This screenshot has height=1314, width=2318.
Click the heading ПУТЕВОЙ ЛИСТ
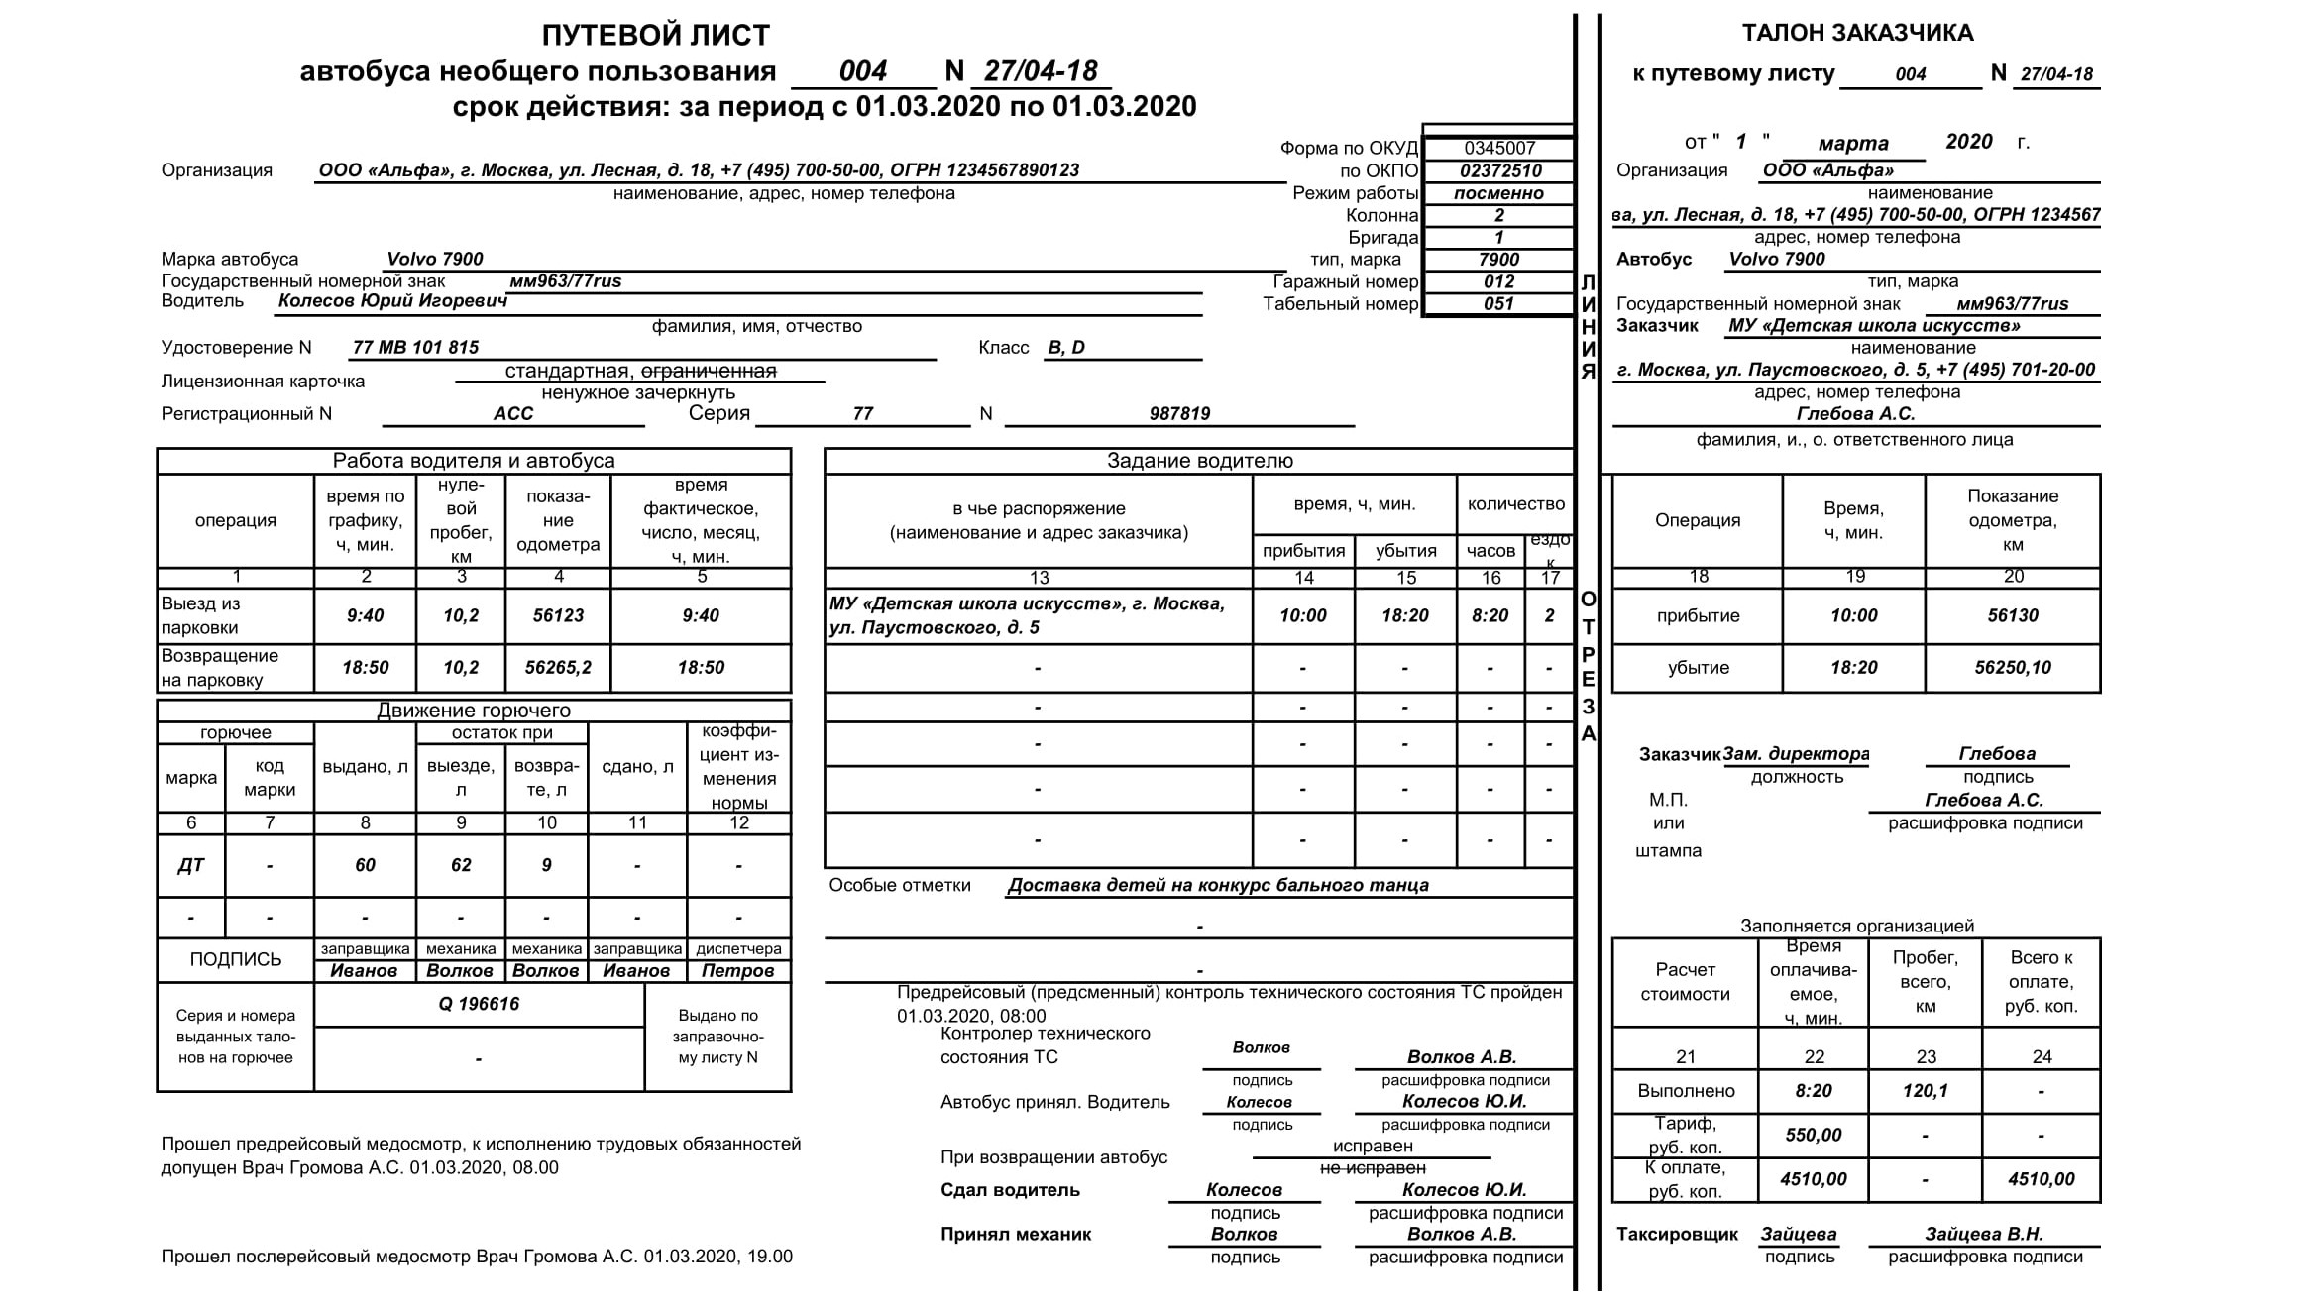(x=655, y=36)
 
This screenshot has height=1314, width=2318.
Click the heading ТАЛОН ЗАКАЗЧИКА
(x=1857, y=33)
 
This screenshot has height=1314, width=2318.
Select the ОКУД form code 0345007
(x=1498, y=148)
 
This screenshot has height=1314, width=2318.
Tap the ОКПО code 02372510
(x=1499, y=170)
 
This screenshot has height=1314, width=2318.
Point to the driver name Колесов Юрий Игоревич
(x=392, y=301)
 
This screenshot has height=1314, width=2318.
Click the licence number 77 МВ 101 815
(x=415, y=348)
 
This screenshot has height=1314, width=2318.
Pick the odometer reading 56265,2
(x=558, y=668)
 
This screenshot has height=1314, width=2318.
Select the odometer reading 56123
(x=558, y=615)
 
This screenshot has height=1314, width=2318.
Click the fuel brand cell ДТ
(x=190, y=866)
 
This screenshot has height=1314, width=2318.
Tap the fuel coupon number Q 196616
(x=479, y=1004)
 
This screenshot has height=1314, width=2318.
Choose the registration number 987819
(x=1179, y=414)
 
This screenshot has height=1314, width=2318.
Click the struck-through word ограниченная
(x=709, y=372)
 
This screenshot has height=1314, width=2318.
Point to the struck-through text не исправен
(x=1372, y=1168)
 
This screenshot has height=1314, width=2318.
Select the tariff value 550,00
(x=1813, y=1136)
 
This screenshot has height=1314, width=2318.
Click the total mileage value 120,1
(x=1925, y=1091)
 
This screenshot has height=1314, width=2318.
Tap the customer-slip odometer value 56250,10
(x=2012, y=668)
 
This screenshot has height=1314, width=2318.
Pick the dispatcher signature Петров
(x=737, y=971)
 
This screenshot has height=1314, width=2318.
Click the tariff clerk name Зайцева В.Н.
(x=1983, y=1235)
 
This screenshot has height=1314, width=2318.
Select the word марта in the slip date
(x=1852, y=144)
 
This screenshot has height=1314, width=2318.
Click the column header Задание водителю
(x=1199, y=461)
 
